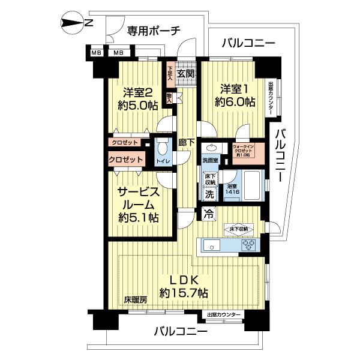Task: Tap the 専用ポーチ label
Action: pyautogui.click(x=154, y=31)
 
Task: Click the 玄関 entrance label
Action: pyautogui.click(x=186, y=74)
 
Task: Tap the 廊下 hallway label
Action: pyautogui.click(x=187, y=143)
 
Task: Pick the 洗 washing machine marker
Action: pyautogui.click(x=209, y=194)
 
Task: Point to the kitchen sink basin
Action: pyautogui.click(x=214, y=245)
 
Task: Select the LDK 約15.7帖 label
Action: pyautogui.click(x=184, y=286)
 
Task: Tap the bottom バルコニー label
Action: pyautogui.click(x=181, y=331)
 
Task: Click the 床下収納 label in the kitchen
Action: pyautogui.click(x=239, y=229)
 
